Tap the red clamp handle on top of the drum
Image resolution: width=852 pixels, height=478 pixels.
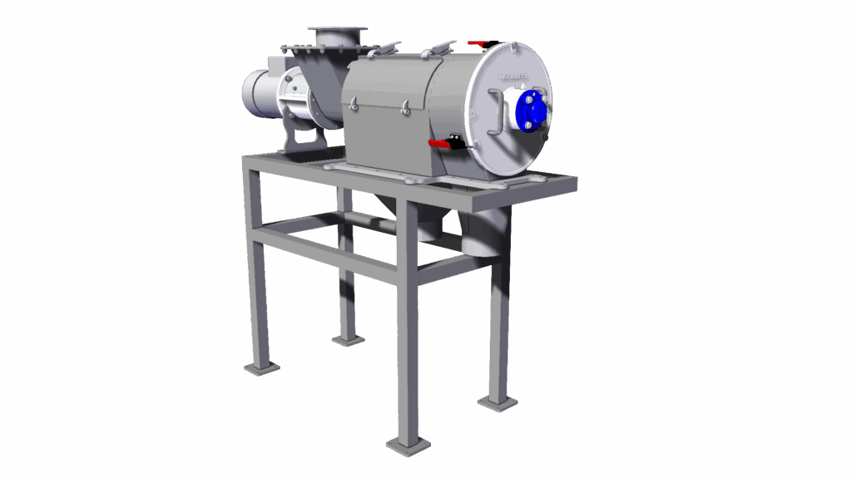482,42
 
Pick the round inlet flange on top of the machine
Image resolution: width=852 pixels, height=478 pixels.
337,32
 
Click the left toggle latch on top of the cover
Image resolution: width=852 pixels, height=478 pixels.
379,52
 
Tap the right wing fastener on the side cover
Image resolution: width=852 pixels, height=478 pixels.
405,106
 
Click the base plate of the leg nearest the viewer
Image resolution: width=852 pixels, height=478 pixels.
409,446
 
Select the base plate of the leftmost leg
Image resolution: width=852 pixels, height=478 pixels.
261,367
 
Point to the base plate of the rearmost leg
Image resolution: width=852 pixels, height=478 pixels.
349,339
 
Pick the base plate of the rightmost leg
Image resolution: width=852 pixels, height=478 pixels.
498,404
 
